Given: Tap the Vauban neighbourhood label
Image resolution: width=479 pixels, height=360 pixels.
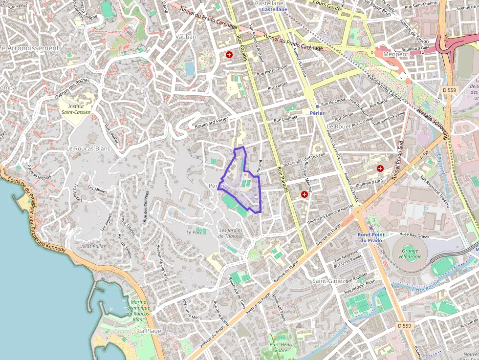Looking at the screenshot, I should click(185, 37).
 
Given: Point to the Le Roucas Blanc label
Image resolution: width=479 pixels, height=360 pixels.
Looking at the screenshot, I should click(89, 148).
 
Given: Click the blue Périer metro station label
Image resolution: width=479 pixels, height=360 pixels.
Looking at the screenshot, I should click(317, 113).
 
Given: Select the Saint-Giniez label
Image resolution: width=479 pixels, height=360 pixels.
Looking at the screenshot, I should click(329, 281).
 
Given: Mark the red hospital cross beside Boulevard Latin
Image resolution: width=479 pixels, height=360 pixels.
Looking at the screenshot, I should click(380, 169).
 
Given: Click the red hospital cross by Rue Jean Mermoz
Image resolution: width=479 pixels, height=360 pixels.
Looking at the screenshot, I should click(305, 194).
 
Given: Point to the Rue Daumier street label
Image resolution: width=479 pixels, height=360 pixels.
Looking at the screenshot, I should click(286, 119).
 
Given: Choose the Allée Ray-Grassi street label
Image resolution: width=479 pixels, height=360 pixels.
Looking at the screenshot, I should click(414, 235).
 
